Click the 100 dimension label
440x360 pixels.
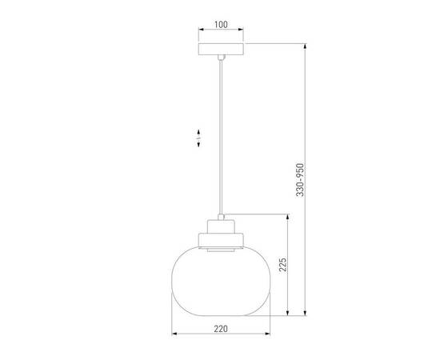tap(221, 25)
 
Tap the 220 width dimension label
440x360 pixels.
tap(221, 329)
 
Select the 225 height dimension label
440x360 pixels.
tap(283, 265)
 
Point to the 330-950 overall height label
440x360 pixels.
tap(300, 180)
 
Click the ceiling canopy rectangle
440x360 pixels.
tap(221, 49)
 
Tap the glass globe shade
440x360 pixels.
tap(221, 281)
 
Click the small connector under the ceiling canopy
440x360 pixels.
tap(221, 58)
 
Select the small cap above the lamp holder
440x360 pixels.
tap(221, 217)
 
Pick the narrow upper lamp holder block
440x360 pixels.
tap(221, 226)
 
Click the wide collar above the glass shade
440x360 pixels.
tap(221, 240)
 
